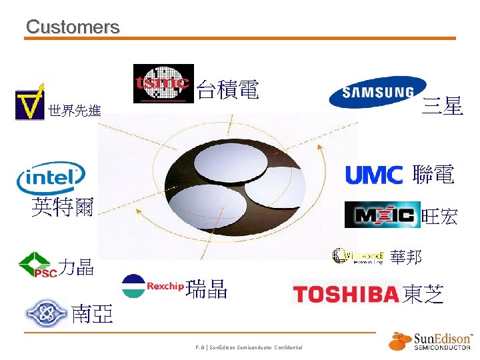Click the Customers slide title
73,27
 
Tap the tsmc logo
163,83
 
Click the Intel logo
51,177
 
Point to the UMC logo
374,175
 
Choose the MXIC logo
382,215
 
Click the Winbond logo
358,255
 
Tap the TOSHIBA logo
346,294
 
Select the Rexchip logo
153,286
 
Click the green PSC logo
37,265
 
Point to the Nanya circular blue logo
46,313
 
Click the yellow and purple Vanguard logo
30,102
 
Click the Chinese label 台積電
228,89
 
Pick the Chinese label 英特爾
63,207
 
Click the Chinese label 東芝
423,295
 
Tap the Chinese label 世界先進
75,111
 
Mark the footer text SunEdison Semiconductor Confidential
249,347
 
